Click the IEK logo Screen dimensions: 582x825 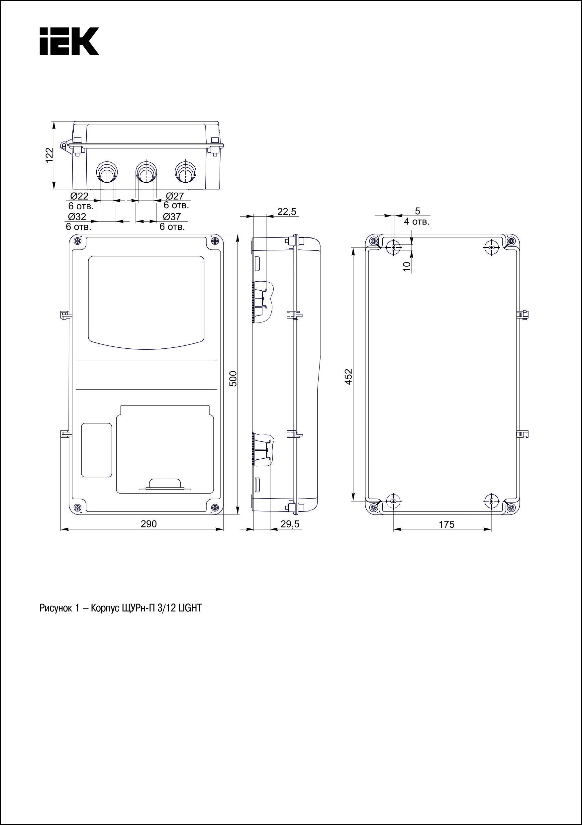69,41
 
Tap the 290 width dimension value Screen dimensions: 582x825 148,524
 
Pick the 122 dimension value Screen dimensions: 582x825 49,155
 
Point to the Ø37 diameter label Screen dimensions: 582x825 172,217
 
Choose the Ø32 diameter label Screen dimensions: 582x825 77,217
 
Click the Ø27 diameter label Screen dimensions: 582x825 175,196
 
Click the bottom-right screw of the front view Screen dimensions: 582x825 215,507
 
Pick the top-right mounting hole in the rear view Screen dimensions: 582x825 491,247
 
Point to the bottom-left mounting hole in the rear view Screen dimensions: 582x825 394,501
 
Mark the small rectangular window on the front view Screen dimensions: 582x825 97,450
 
